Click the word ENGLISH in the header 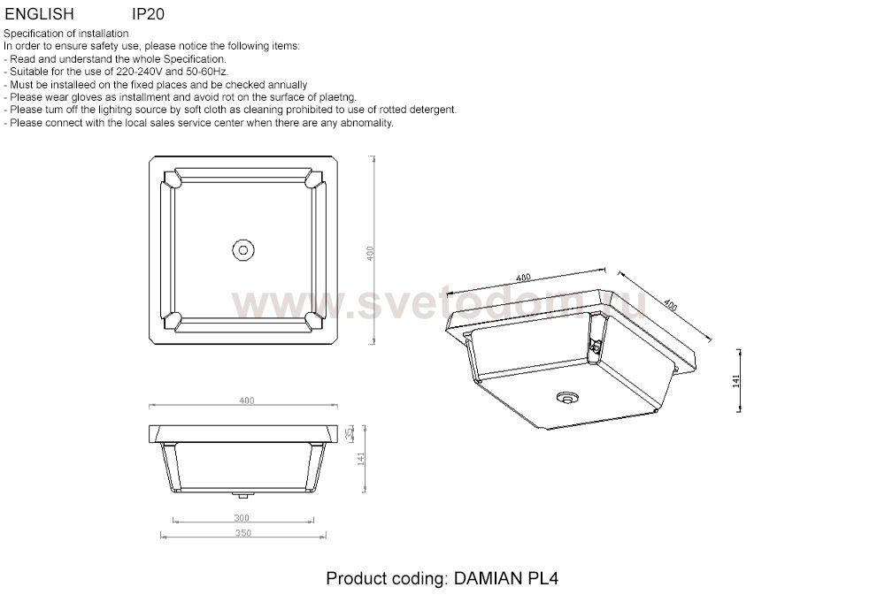click(39, 14)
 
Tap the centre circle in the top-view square click(242, 250)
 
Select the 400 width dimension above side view click(247, 400)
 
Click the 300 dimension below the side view click(242, 517)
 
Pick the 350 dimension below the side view click(243, 533)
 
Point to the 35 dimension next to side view click(350, 433)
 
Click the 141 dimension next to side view click(360, 459)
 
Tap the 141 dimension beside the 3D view click(736, 380)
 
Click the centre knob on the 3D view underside click(566, 397)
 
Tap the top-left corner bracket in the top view click(172, 180)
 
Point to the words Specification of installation click(66, 34)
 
